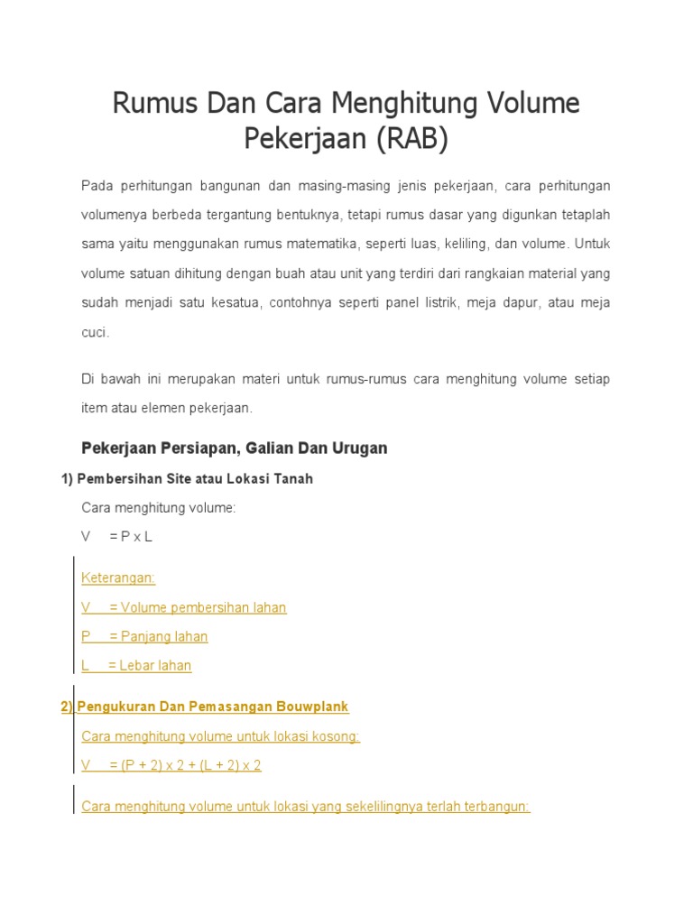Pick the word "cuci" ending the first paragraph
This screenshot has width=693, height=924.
click(94, 332)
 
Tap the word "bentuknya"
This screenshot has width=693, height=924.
click(309, 215)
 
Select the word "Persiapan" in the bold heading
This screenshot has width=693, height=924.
click(202, 448)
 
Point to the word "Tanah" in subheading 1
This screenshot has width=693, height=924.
click(291, 478)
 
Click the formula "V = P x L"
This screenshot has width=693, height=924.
click(117, 537)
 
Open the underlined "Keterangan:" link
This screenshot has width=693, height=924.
click(118, 577)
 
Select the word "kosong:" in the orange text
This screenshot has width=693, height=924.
click(336, 736)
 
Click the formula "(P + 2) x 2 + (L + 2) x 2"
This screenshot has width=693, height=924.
click(184, 765)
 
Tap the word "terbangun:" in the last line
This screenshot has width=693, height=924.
click(495, 806)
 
